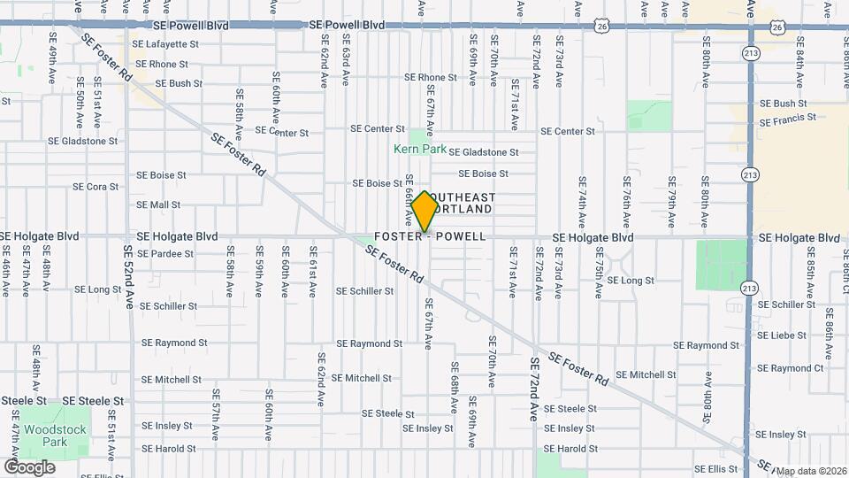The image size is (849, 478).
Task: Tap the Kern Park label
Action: click(x=420, y=150)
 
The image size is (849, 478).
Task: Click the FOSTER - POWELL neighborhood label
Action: click(x=431, y=237)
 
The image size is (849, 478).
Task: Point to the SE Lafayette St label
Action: click(x=165, y=44)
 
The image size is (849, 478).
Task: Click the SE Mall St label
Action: click(x=158, y=205)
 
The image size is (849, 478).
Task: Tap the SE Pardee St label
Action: click(x=164, y=254)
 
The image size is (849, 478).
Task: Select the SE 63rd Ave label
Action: click(x=346, y=61)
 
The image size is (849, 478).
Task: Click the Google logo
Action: click(x=29, y=466)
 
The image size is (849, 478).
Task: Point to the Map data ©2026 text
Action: click(x=811, y=471)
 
